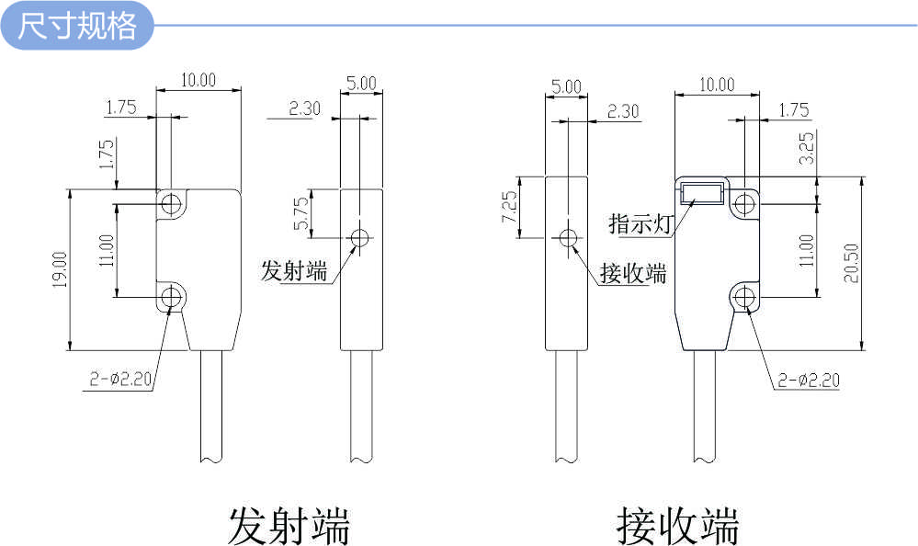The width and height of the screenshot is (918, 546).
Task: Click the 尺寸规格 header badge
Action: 77,26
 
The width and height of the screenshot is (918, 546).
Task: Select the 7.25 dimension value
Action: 509,208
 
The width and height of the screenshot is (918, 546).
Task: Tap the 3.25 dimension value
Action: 807,147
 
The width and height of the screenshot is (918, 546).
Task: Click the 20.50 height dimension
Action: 851,264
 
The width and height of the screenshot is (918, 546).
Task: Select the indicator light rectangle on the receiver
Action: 701,193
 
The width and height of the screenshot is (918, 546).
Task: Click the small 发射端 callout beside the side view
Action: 294,271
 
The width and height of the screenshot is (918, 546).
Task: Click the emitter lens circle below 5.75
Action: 360,239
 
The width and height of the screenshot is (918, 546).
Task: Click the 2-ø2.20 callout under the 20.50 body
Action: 808,380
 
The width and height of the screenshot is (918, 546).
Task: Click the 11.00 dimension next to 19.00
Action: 107,250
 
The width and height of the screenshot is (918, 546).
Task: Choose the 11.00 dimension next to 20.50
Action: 807,250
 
